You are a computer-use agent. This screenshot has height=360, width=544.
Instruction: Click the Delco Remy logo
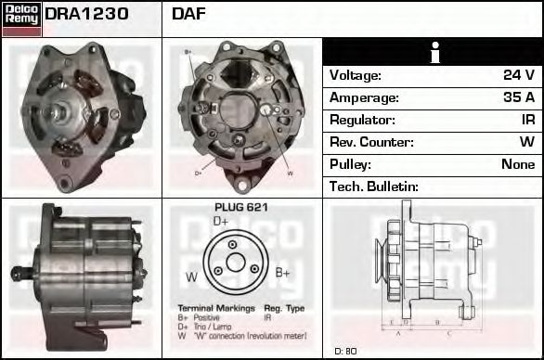(x=21, y=18)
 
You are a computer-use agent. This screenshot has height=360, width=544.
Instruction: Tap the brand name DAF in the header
(x=189, y=15)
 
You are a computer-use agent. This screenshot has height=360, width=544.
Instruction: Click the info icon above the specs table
(x=434, y=53)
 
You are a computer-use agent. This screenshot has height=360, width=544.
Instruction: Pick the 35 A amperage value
(x=518, y=97)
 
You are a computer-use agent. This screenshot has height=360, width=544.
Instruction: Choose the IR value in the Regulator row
(x=527, y=120)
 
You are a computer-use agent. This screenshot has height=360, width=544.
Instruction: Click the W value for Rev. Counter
(x=526, y=142)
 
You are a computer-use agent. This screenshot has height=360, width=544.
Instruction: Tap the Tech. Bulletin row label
(x=374, y=186)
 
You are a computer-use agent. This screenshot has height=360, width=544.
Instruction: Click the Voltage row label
(x=356, y=75)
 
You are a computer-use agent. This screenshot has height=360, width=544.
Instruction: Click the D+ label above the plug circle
(x=221, y=222)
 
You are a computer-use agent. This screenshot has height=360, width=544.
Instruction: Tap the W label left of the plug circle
(x=191, y=276)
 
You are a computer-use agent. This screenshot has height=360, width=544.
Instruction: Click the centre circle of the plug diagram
(x=235, y=263)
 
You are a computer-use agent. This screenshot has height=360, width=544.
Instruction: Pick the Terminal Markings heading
(x=212, y=307)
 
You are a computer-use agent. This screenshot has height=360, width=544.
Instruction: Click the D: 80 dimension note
(x=345, y=351)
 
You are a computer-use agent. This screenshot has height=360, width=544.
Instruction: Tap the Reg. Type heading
(x=284, y=307)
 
